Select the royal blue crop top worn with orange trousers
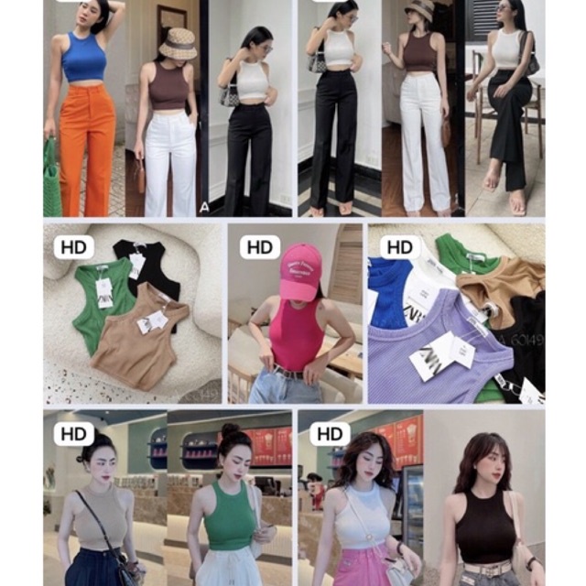pyautogui.click(x=85, y=57)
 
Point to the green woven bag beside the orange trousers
pyautogui.click(x=51, y=183)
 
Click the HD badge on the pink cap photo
pyautogui.click(x=260, y=247)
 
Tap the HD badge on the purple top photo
pyautogui.click(x=399, y=247)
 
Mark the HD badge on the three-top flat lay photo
pyautogui.click(x=73, y=247)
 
